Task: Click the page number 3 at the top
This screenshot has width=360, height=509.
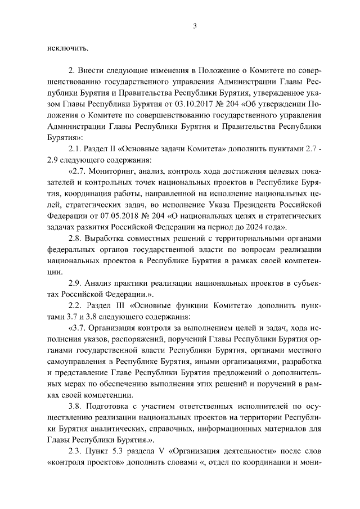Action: [194, 25]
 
